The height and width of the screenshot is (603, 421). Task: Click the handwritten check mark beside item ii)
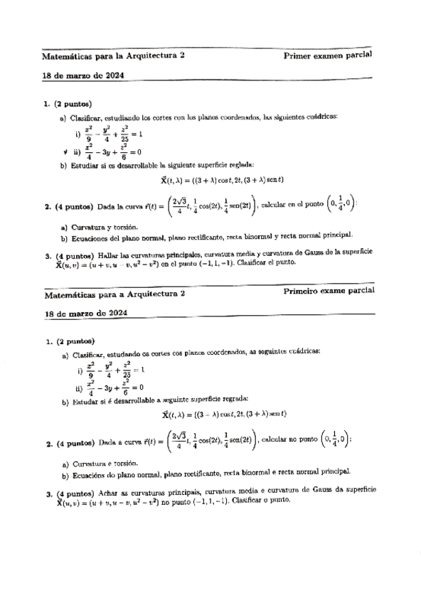click(65, 151)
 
